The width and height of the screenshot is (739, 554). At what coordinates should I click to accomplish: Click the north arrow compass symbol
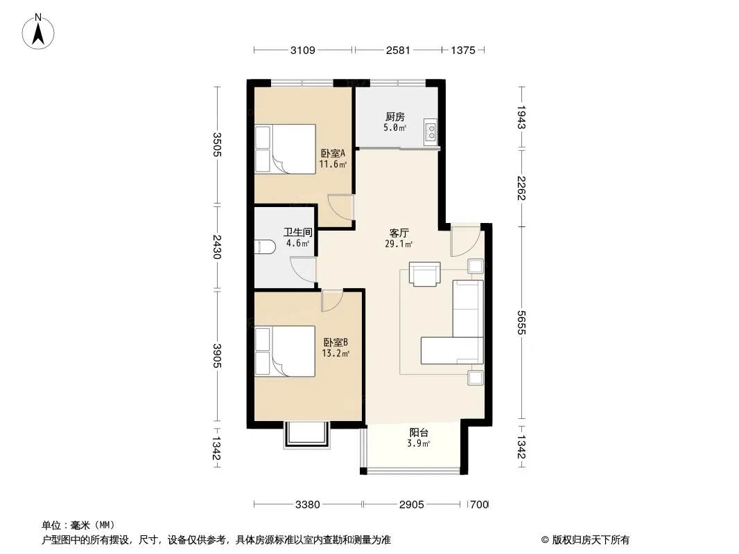point(38,31)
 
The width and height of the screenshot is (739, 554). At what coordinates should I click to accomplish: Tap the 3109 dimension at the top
point(302,50)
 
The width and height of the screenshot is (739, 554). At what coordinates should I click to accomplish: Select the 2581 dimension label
point(398,50)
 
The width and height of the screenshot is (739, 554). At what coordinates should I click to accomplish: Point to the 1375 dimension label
point(463,50)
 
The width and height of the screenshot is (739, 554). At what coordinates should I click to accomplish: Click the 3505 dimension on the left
point(217,145)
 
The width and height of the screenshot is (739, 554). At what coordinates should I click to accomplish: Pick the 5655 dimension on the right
point(521,323)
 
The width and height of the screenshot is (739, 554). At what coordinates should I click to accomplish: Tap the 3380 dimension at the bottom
point(308,505)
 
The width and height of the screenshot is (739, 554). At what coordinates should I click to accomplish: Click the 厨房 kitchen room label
point(395,117)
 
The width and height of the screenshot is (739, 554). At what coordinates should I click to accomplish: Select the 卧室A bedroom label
point(333,154)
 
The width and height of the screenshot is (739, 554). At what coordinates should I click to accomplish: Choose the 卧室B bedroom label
point(336,342)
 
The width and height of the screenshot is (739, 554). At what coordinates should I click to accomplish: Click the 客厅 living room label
point(399,233)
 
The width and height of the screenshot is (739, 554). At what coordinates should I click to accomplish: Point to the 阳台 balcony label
point(419,433)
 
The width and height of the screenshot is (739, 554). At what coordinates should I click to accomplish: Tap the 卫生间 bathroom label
point(298,232)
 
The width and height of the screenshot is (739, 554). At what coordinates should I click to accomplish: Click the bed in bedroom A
point(285,149)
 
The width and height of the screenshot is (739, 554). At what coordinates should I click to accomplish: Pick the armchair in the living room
point(425,274)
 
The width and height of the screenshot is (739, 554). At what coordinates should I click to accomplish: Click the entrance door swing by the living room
point(466,240)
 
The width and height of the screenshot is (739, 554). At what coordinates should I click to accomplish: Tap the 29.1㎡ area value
point(399,244)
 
